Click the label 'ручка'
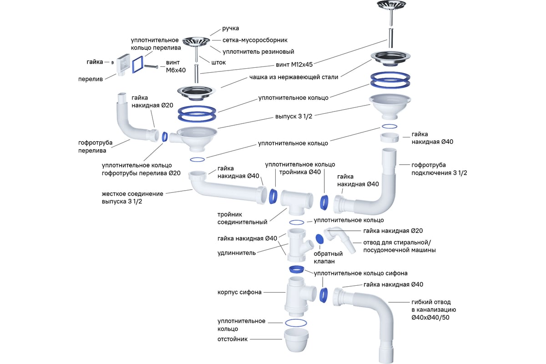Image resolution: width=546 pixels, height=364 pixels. [230, 28]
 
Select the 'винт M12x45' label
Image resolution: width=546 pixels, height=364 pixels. [294, 65]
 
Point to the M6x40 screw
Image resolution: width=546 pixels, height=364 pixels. [151, 66]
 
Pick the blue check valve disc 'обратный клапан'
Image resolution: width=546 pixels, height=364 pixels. [319, 239]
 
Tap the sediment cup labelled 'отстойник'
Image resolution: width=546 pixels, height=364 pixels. [296, 340]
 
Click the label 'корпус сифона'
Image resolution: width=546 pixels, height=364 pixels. [239, 292]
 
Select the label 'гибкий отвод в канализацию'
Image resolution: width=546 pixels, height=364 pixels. [434, 310]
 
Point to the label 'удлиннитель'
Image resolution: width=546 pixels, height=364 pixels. [237, 253]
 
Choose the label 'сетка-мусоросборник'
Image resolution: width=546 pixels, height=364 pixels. [255, 40]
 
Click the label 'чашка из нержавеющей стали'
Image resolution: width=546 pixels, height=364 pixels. [294, 77]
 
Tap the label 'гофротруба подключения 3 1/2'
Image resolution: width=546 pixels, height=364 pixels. [439, 169]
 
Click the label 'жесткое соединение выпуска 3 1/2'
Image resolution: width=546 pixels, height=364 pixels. [132, 197]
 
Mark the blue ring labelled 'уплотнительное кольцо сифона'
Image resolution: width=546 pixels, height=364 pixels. [296, 269]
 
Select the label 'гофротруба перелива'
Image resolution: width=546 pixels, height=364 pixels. [95, 147]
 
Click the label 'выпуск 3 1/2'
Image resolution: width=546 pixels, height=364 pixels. [293, 116]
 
